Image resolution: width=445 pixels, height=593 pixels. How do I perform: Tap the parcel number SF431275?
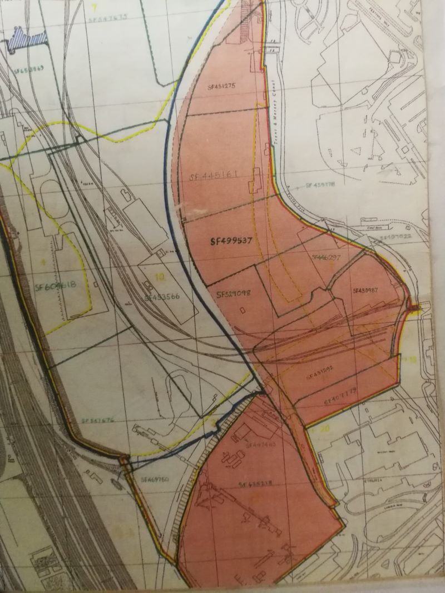pyautogui.click(x=222, y=86)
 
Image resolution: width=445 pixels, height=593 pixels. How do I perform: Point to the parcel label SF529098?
pyautogui.click(x=233, y=293)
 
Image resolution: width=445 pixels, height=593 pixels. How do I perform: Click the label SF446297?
pyautogui.click(x=326, y=257)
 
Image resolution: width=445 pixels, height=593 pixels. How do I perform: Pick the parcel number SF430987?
pyautogui.click(x=365, y=290)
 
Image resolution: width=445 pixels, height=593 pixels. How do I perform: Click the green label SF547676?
pyautogui.click(x=98, y=421)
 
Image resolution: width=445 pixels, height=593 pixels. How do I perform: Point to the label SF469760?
pyautogui.click(x=154, y=479)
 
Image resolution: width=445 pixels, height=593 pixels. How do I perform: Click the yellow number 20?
pyautogui.click(x=325, y=428)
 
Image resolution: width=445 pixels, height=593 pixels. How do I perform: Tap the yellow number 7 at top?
pyautogui.click(x=95, y=7)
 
